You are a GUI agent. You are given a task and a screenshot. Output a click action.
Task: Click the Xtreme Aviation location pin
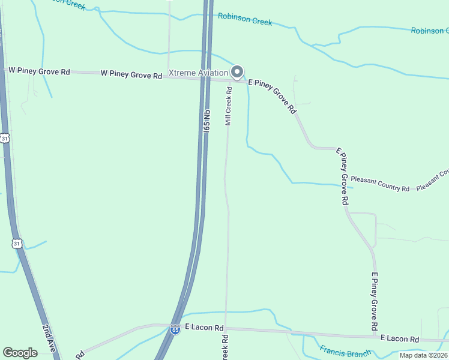tap(237, 71)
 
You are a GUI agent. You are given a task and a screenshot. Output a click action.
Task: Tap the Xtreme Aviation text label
tap(199, 73)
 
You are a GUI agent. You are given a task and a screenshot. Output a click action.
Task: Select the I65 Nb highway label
tap(206, 121)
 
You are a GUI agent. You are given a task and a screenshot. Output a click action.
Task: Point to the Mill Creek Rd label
tap(228, 106)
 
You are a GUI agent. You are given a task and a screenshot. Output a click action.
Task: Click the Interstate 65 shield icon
tap(175, 329)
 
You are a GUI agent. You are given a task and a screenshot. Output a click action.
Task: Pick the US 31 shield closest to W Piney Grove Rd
tap(5, 138)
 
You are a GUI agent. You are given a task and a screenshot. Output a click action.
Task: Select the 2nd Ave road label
tap(49, 338)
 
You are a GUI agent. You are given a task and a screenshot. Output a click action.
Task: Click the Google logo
tap(20, 353)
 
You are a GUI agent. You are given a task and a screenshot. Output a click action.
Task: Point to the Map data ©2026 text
tap(424, 355)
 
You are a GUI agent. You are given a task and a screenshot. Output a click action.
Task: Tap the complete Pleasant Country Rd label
tap(380, 184)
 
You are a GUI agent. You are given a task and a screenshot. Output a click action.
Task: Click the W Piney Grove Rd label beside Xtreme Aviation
tap(131, 75)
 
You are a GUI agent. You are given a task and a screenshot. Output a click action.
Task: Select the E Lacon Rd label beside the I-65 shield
tap(204, 328)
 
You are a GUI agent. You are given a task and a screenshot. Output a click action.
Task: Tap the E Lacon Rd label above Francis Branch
tap(400, 339)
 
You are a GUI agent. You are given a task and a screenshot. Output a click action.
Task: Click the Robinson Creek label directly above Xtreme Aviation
tap(245, 19)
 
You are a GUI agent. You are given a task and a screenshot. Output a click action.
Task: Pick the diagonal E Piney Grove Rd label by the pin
tap(273, 96)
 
